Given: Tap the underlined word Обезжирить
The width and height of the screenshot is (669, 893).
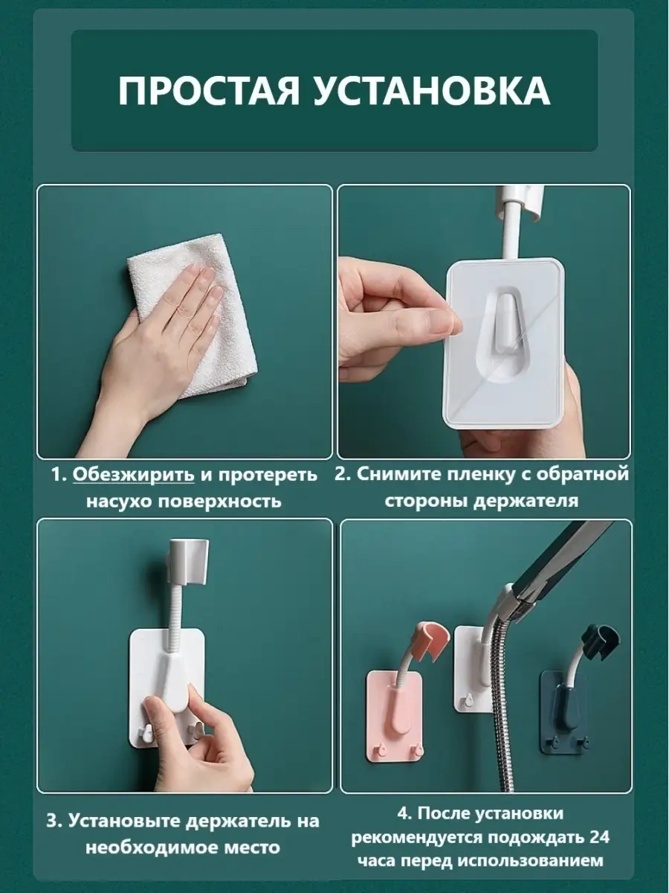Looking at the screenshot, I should (x=134, y=475).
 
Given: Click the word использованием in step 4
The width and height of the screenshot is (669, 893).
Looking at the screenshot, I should (x=531, y=861).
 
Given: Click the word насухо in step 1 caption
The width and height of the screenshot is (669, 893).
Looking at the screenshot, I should (x=123, y=500).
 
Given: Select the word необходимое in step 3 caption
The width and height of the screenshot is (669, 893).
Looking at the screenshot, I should (x=155, y=847).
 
